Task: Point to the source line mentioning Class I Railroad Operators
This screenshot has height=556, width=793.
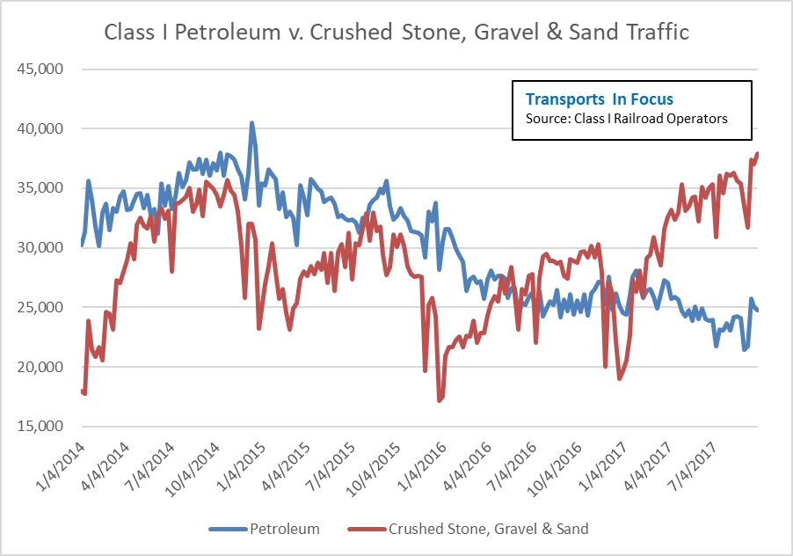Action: pos(626,119)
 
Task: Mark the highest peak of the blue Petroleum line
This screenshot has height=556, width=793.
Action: pos(251,123)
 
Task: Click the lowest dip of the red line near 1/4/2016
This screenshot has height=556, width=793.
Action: pos(440,401)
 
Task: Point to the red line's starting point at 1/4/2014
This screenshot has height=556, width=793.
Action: pos(82,390)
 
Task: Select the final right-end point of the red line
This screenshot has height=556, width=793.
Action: pos(757,154)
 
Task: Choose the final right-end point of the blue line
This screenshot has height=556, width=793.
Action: pos(757,310)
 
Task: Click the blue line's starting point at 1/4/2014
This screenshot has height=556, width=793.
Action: pos(82,245)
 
